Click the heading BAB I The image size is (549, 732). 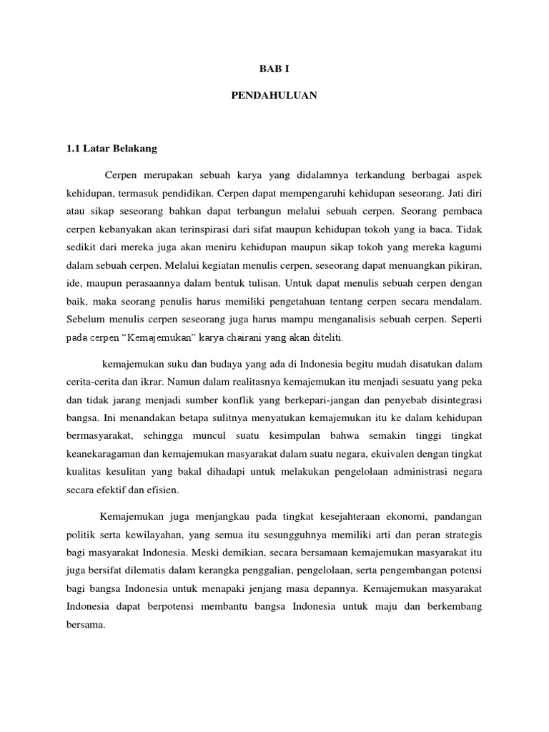click(x=274, y=69)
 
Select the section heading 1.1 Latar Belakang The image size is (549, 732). click(x=111, y=149)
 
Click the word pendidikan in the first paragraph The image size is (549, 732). click(x=187, y=194)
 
